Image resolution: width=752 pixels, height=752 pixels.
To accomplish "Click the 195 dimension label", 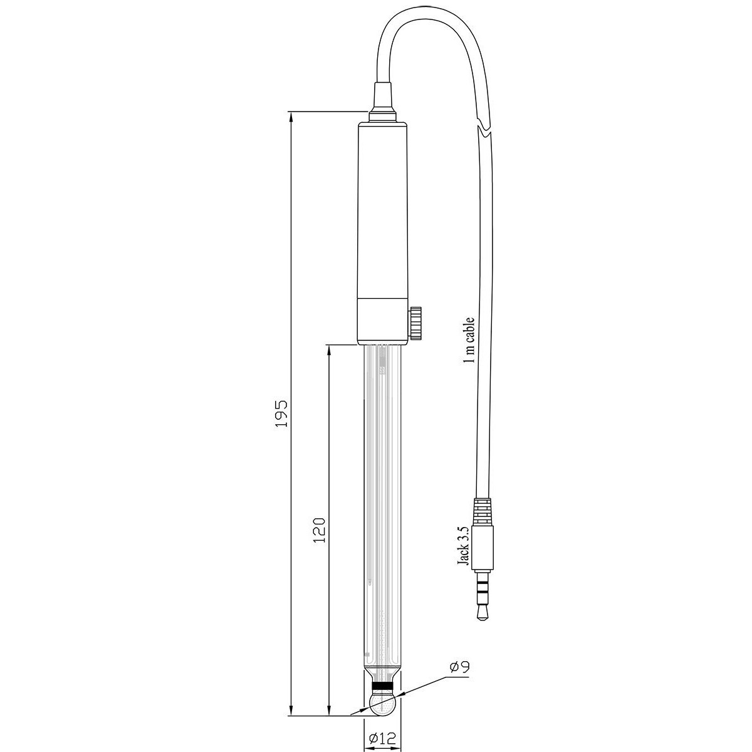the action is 281,413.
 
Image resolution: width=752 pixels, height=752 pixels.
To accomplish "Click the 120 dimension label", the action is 319,530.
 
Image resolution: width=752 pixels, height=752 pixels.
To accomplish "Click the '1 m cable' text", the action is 469,341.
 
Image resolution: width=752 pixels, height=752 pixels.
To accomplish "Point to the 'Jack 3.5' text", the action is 463,551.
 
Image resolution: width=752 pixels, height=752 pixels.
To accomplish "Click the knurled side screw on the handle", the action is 415,323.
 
